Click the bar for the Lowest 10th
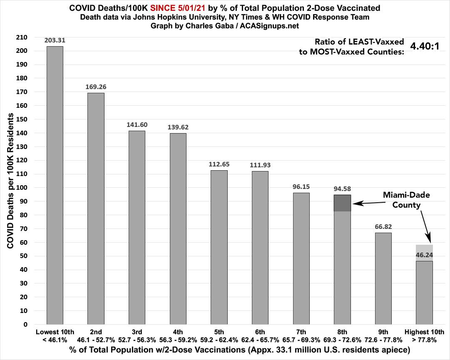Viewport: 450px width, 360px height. [x=55, y=185]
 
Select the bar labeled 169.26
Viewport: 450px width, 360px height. [x=96, y=208]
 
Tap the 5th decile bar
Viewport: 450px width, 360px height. [x=219, y=247]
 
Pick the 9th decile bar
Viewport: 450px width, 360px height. [x=383, y=278]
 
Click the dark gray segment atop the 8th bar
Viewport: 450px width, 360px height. [x=342, y=203]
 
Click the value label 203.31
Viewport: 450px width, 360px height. [x=55, y=40]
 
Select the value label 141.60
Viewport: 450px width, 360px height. [x=137, y=125]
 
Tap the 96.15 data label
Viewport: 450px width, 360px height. [x=301, y=187]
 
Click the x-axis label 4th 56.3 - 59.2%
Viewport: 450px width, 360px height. [x=178, y=335]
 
